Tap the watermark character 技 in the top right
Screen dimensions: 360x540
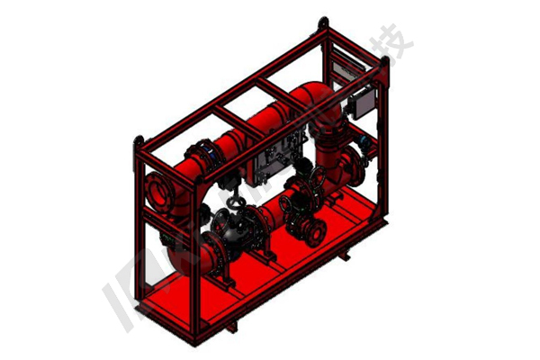point(397,40)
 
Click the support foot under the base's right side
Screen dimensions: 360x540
point(343,256)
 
